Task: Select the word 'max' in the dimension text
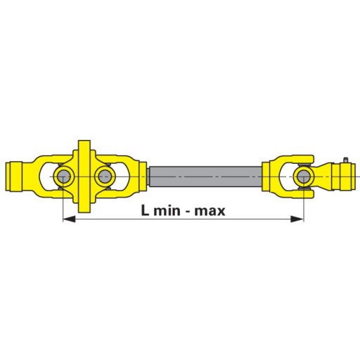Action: [x=210, y=210]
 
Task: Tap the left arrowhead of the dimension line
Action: [x=67, y=220]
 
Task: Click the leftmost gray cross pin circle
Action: [x=63, y=175]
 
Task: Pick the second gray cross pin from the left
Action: [x=104, y=175]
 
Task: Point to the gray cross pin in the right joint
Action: [x=303, y=175]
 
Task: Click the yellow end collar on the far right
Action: [x=344, y=175]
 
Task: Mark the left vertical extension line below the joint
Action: [x=63, y=204]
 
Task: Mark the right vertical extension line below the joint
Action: [x=303, y=204]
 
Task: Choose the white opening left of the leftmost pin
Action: [x=49, y=175]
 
